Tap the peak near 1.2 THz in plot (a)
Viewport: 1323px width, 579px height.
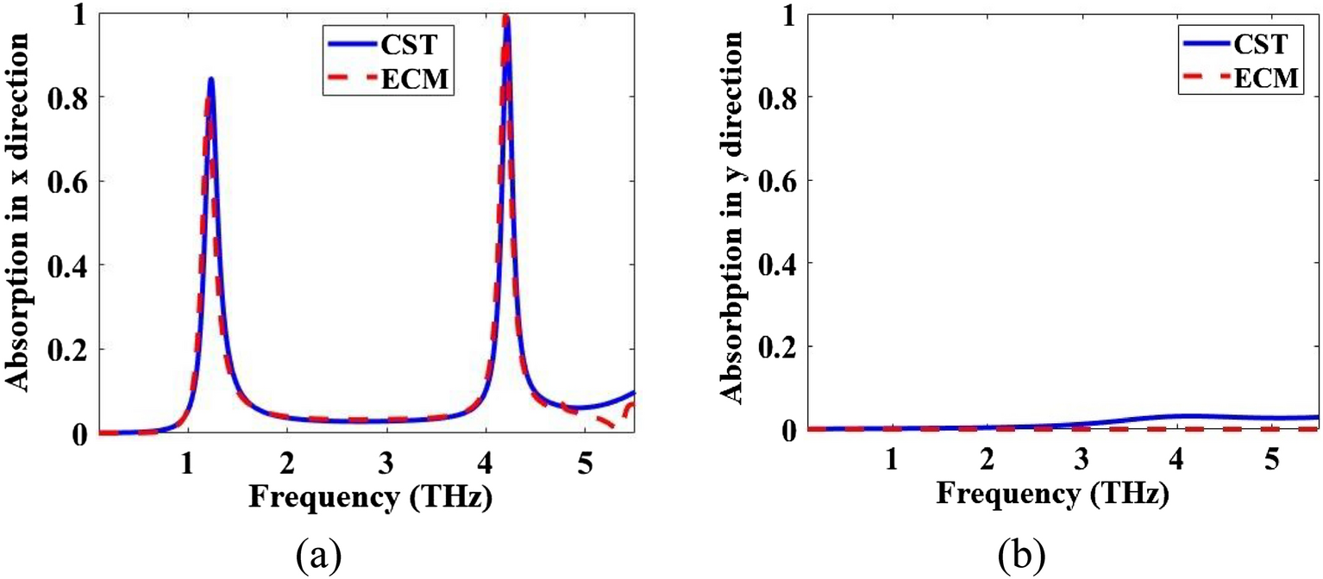click(210, 79)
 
